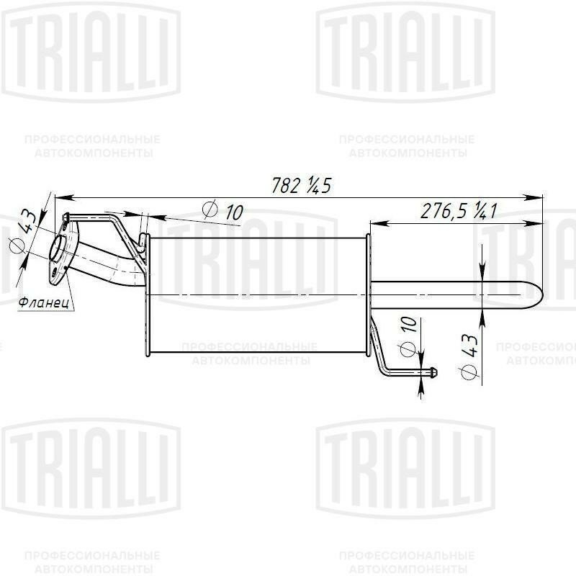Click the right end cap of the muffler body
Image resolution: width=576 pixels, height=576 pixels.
tap(368, 295)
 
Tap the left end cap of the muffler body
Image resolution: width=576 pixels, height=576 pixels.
tap(145, 295)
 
